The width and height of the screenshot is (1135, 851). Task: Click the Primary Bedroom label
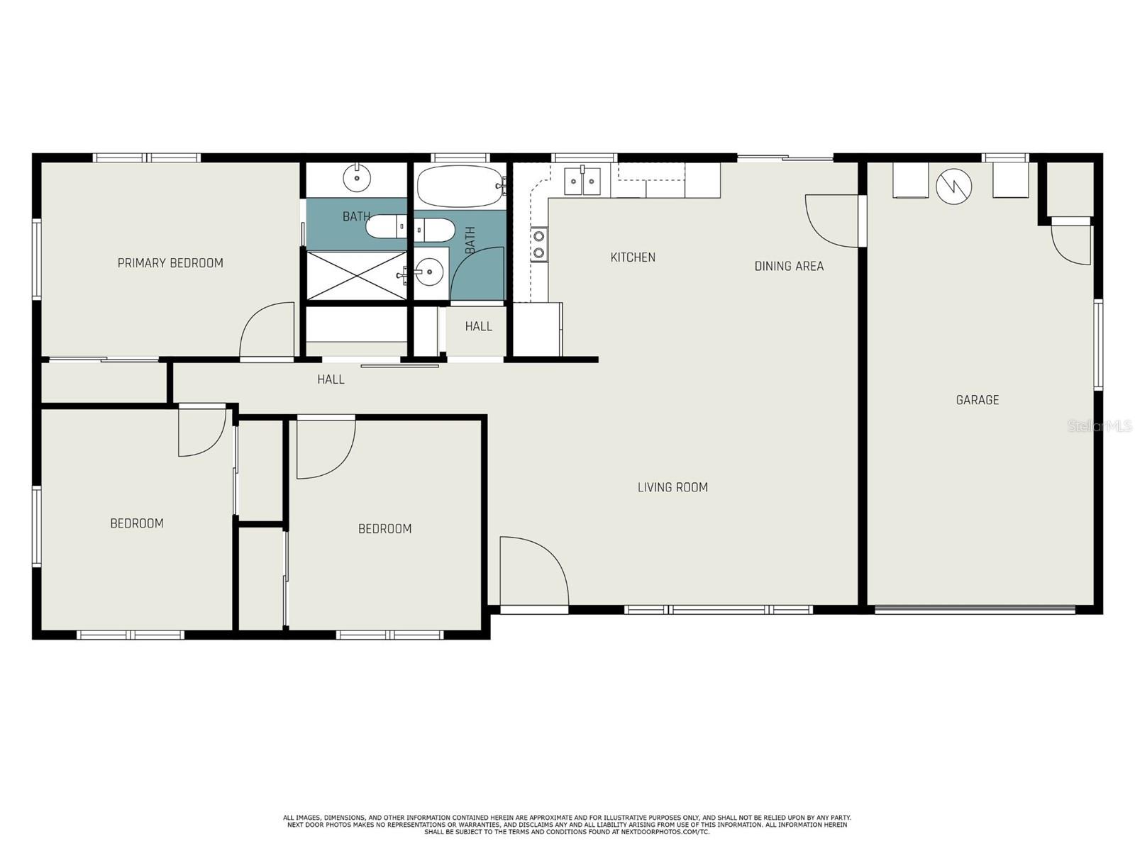tap(170, 263)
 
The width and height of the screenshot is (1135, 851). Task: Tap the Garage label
tap(977, 399)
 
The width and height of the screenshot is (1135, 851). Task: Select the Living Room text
tap(672, 486)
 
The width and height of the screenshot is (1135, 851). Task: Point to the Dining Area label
tap(789, 266)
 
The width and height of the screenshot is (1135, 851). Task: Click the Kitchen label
tap(632, 257)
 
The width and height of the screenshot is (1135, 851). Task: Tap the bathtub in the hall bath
tap(459, 186)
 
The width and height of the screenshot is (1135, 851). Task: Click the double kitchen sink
tap(582, 181)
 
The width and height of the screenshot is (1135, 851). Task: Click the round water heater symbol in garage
tap(954, 186)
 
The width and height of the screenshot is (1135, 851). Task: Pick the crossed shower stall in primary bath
tap(357, 275)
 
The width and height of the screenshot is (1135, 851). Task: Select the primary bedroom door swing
tap(267, 330)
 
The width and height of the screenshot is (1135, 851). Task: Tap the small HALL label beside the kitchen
tap(478, 326)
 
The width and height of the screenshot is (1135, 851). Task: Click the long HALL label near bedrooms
tap(331, 379)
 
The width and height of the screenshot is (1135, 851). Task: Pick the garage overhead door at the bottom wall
tap(974, 610)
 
